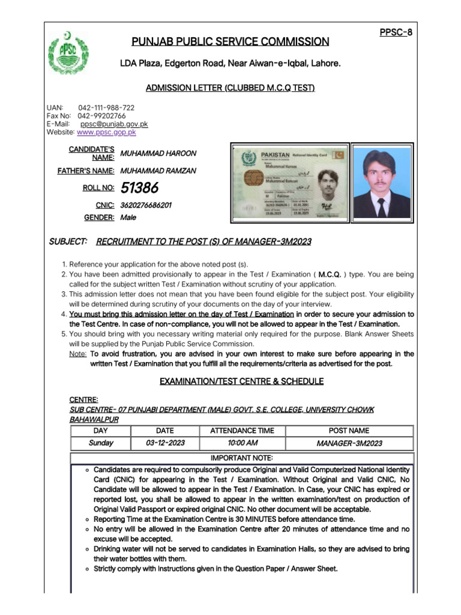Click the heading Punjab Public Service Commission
point(230,41)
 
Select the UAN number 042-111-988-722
point(106,108)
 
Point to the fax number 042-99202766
point(102,116)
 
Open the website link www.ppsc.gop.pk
point(106,132)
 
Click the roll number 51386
point(139,188)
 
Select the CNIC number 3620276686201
point(146,205)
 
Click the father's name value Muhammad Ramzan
point(158,171)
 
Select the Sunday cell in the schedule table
point(101,443)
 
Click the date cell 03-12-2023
point(165,443)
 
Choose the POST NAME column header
point(349,431)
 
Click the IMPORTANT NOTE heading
point(242,458)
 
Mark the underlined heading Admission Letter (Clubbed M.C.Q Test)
point(230,88)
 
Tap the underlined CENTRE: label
point(84,399)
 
